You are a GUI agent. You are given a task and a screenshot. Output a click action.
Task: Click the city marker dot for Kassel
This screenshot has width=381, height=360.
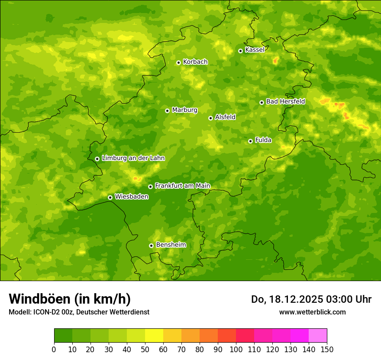tap(240, 51)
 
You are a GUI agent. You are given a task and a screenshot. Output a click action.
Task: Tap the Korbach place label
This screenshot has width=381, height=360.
tap(195, 62)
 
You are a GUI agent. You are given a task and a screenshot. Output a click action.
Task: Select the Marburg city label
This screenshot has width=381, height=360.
tap(184, 110)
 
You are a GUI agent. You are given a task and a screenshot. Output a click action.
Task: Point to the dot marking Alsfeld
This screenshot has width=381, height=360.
tap(210, 118)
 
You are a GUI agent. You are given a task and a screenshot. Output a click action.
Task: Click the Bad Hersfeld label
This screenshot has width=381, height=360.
tap(285, 102)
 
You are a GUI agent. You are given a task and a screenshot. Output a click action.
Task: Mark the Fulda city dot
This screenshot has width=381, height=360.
tap(250, 141)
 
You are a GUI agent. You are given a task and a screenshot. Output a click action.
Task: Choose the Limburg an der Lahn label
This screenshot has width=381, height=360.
tap(133, 158)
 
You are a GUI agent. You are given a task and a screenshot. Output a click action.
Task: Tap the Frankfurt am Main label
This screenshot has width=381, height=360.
tap(182, 186)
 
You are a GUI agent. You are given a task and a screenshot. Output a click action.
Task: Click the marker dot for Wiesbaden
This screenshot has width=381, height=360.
tap(110, 197)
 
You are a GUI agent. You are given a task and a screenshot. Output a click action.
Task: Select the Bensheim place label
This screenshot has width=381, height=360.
tap(171, 245)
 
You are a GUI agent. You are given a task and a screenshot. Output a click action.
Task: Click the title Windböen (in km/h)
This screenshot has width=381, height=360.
tap(70, 299)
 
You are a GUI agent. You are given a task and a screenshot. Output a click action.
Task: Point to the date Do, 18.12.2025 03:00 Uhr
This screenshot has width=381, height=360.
tap(311, 299)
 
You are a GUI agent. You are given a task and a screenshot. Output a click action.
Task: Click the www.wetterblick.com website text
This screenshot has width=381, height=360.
tap(312, 312)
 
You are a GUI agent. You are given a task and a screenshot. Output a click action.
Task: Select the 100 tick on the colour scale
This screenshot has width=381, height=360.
tap(236, 349)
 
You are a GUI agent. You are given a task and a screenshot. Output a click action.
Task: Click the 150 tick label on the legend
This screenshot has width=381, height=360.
tap(327, 349)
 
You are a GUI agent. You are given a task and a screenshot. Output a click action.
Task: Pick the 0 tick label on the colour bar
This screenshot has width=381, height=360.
tap(54, 349)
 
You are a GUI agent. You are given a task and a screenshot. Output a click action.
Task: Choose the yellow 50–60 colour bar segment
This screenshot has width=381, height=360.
tap(154, 336)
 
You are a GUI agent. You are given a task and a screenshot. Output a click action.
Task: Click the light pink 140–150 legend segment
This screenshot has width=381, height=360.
tap(318, 336)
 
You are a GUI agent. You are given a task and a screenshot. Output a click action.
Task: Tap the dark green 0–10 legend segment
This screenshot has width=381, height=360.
tap(63, 336)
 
